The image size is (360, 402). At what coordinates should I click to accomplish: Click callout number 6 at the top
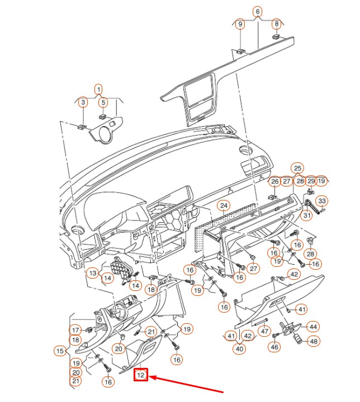[258, 11]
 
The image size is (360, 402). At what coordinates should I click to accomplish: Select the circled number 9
[240, 24]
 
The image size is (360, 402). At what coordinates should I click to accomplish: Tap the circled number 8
[276, 24]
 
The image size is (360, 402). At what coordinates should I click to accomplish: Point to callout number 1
[98, 89]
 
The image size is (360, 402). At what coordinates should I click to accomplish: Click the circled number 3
[82, 102]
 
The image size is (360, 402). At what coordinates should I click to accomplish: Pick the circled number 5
[103, 102]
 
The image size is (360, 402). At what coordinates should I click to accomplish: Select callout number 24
[224, 205]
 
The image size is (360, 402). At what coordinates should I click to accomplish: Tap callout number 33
[323, 200]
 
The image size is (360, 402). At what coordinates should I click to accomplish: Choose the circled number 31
[307, 216]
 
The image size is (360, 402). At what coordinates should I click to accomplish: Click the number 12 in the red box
[141, 375]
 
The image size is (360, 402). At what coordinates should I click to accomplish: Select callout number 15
[60, 351]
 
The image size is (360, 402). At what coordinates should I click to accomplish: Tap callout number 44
[313, 327]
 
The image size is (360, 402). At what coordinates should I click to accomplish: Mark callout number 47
[265, 331]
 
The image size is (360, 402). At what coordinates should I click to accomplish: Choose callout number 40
[240, 349]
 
